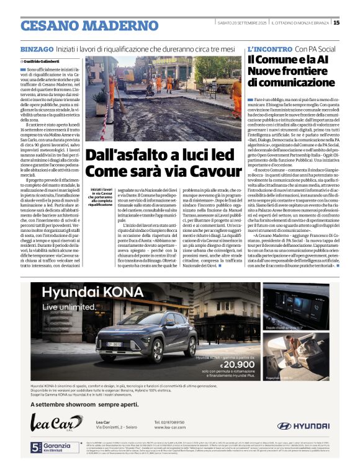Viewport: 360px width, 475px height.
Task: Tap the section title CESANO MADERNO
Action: (81, 25)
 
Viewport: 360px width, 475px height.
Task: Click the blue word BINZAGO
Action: (37, 49)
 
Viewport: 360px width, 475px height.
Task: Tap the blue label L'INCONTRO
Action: (269, 48)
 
